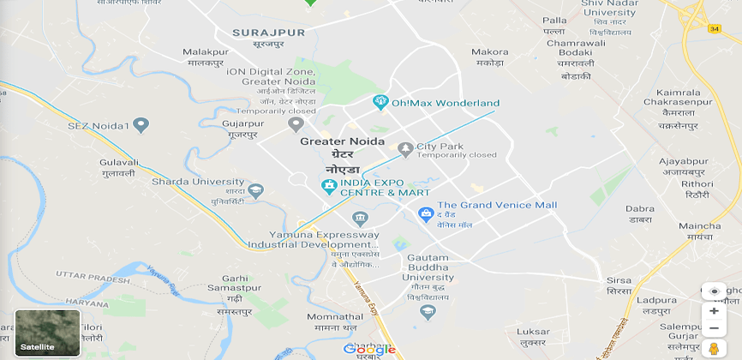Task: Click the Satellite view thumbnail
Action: point(48,333)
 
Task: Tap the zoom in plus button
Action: point(714,310)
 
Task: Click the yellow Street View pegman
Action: point(714,348)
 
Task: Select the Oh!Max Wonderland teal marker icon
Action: point(380,103)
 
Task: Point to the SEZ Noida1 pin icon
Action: point(142,126)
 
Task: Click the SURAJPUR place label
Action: point(268,32)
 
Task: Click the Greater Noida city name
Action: point(342,141)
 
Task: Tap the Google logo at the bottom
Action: point(369,349)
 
